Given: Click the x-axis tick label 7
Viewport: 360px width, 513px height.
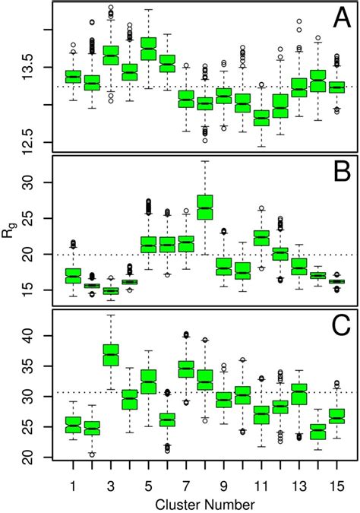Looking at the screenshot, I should click(185, 484).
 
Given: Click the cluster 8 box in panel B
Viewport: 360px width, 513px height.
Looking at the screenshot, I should click(204, 207).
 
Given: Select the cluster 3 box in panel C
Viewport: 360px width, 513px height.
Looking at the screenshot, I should click(111, 355).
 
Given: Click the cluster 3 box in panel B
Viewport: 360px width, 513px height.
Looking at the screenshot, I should click(111, 290).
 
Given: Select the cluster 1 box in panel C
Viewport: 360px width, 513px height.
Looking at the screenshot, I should click(73, 425).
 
